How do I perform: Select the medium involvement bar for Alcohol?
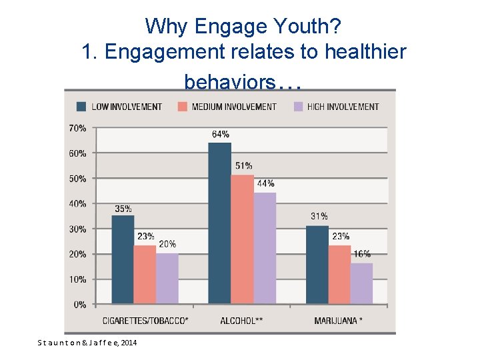click(242, 240)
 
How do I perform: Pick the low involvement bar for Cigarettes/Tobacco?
click(123, 260)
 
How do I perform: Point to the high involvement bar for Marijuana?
click(361, 283)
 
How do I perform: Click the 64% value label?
click(221, 134)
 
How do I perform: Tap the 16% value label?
click(362, 254)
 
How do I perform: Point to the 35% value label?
click(123, 208)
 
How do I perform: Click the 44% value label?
click(265, 183)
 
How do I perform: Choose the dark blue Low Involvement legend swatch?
click(81, 106)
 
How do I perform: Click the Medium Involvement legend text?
click(233, 107)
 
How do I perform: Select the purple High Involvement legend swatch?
click(298, 106)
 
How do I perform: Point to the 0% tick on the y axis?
click(80, 305)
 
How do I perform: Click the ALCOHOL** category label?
click(241, 321)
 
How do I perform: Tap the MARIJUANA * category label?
click(339, 321)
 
